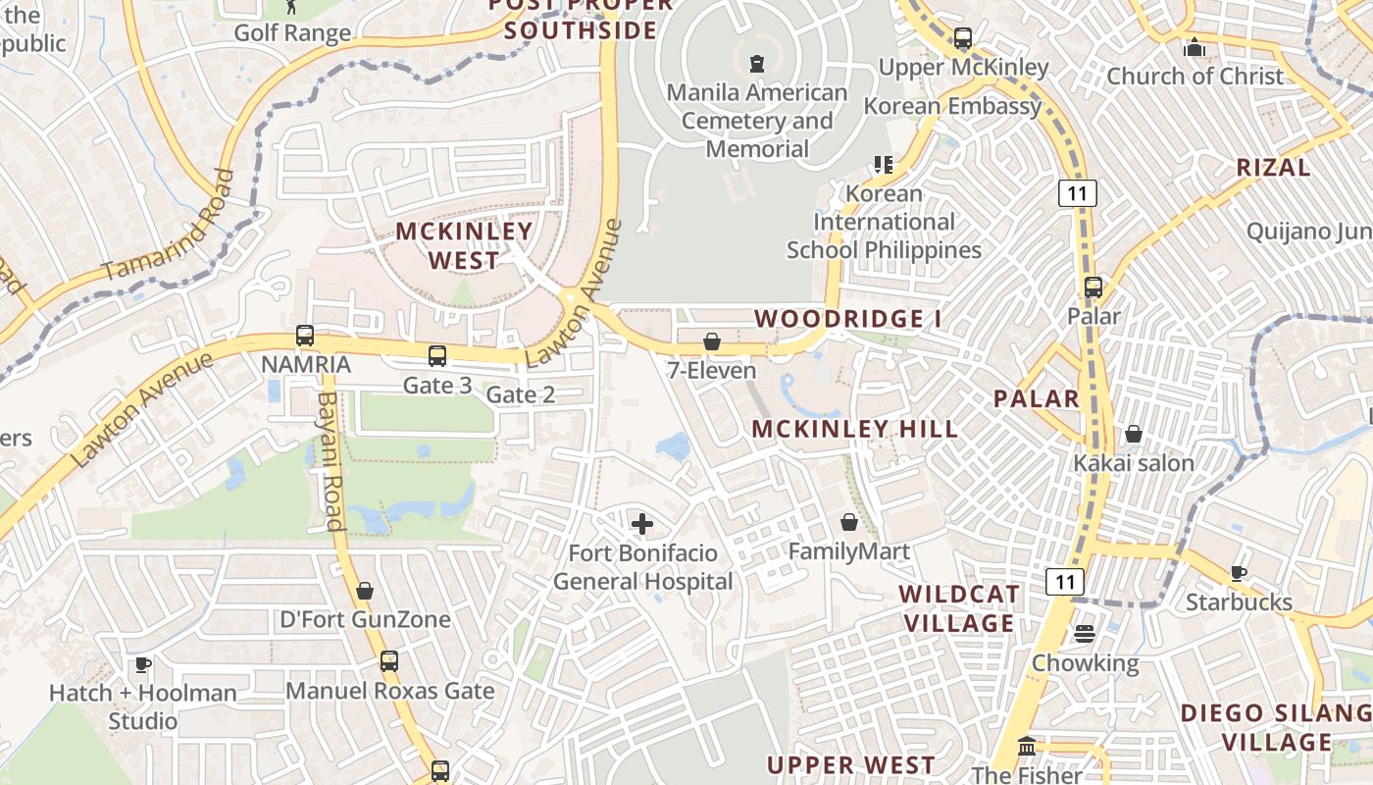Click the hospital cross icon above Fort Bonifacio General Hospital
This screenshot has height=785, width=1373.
(642, 524)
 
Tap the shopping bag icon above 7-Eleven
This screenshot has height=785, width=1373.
(712, 341)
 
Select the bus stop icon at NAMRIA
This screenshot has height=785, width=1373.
(305, 336)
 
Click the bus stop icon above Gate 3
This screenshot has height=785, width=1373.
(437, 356)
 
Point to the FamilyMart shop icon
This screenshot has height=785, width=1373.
(849, 522)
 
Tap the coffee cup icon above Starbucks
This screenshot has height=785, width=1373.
(1239, 573)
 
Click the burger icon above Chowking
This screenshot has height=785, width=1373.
(1084, 634)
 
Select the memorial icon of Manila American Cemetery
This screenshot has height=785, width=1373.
(756, 64)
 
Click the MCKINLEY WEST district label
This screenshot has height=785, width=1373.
(464, 245)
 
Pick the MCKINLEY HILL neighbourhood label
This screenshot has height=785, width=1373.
(855, 429)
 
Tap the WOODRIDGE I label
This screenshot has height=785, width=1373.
(848, 319)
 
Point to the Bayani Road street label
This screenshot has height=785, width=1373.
(331, 461)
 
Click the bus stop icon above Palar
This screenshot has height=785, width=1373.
(1093, 288)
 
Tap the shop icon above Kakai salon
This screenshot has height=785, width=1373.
(1134, 434)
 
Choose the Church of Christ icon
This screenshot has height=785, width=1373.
(1195, 47)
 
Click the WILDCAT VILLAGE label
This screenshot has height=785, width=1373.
(959, 608)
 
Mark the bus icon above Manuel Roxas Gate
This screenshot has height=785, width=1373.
(389, 661)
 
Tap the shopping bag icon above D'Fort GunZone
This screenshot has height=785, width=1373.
(365, 591)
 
